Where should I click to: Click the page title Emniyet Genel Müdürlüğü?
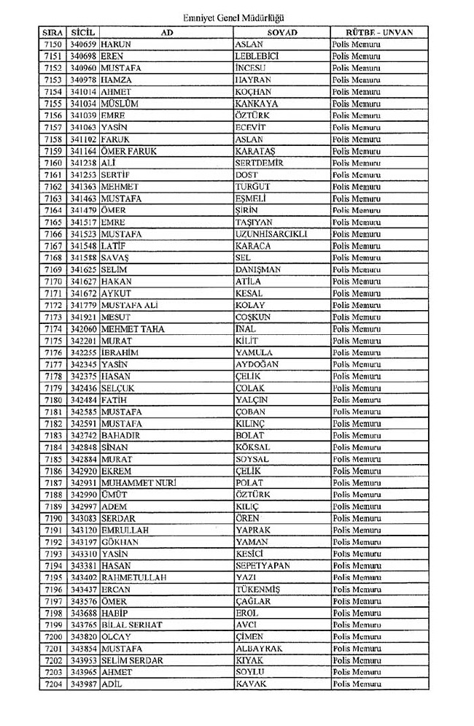[x=236, y=15]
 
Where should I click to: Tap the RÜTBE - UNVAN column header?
[x=378, y=33]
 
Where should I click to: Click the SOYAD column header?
[x=281, y=33]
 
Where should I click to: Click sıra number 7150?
[x=54, y=45]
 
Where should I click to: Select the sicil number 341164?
[x=84, y=151]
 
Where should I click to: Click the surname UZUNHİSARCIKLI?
[x=271, y=234]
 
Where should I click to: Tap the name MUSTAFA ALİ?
[x=130, y=305]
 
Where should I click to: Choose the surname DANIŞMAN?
[x=258, y=270]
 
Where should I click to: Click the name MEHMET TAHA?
[x=133, y=329]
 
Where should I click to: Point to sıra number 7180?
[x=54, y=400]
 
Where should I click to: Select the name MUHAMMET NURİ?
[x=139, y=483]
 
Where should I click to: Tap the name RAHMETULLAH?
[x=134, y=577]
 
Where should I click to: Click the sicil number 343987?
[x=84, y=684]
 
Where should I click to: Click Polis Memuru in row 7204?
[x=357, y=684]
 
